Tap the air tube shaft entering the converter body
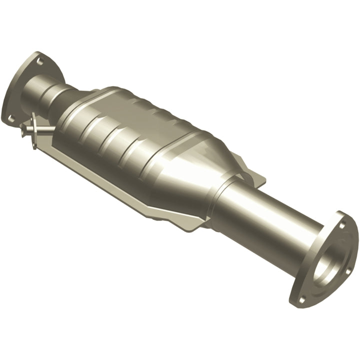pyautogui.click(x=47, y=131)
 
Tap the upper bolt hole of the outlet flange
pyautogui.click(x=341, y=225)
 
